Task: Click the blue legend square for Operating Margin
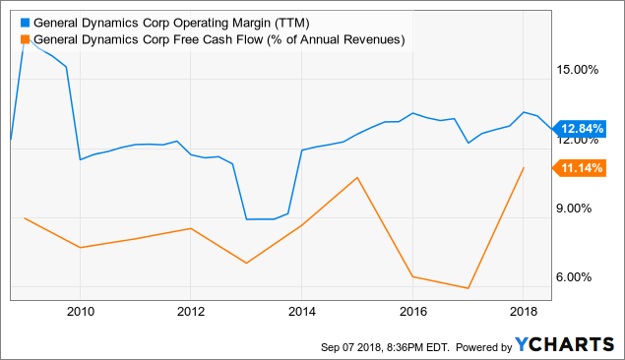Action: (24, 23)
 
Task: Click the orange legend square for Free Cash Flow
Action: (24, 40)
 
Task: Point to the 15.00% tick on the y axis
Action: (579, 70)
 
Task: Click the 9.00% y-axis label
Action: (579, 209)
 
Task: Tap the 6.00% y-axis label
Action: (579, 277)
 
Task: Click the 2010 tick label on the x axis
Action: (80, 312)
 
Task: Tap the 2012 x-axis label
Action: (191, 312)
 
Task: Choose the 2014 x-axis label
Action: (302, 312)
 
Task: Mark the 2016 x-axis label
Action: (413, 312)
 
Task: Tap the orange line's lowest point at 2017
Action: (469, 288)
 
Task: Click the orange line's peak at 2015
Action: (357, 178)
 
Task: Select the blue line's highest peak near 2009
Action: (24, 43)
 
